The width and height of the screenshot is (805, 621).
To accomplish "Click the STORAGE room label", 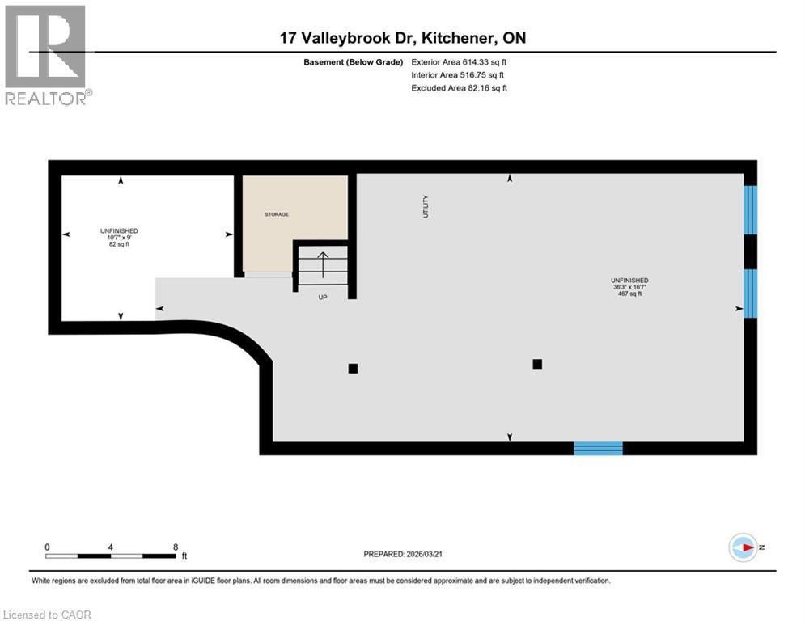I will [x=277, y=214].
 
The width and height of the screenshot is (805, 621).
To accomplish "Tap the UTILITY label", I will [x=426, y=206].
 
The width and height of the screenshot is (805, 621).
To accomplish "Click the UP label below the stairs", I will [x=322, y=298].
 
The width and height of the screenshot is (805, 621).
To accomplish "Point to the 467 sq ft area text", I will [x=629, y=294].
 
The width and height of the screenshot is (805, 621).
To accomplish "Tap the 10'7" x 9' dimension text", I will [x=119, y=237].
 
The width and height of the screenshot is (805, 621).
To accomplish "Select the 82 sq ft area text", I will [x=119, y=243].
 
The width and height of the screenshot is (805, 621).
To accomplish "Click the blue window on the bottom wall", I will [x=598, y=448].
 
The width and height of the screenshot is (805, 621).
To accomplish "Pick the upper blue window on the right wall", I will [x=751, y=209].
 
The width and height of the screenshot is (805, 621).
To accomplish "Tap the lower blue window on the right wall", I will [x=751, y=294].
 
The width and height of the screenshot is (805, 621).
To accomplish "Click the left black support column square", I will [x=353, y=369].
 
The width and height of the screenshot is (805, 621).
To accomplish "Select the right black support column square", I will [x=536, y=364].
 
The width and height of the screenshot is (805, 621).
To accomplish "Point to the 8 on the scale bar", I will [x=176, y=547].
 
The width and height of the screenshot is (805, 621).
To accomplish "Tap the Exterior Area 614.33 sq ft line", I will [x=459, y=61].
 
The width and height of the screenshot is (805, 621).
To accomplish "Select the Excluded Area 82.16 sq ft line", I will [x=459, y=87].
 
